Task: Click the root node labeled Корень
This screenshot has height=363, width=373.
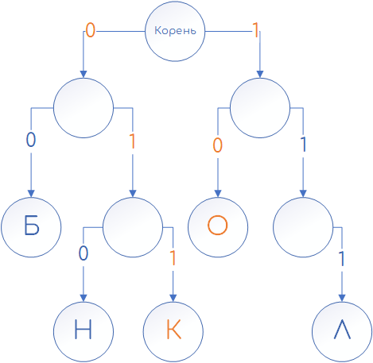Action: (175, 31)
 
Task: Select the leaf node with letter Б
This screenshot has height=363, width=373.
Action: (31, 227)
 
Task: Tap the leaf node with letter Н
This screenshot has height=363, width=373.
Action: (84, 331)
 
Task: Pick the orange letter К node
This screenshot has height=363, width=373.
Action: (173, 331)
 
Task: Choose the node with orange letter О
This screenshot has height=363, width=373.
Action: (218, 227)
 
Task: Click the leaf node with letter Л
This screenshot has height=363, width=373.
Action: (342, 331)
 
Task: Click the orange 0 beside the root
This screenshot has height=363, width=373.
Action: (91, 30)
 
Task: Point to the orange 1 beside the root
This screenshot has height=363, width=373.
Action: (255, 30)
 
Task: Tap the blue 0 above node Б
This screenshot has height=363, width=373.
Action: (31, 140)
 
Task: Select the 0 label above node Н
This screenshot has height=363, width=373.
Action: (84, 253)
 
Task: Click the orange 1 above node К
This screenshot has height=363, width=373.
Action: (173, 257)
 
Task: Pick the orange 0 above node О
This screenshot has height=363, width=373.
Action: (218, 145)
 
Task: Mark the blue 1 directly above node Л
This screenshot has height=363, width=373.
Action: (342, 259)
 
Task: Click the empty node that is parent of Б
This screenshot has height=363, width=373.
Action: (84, 108)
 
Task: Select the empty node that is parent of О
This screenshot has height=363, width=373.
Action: (260, 108)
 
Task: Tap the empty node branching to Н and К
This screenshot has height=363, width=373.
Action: (133, 227)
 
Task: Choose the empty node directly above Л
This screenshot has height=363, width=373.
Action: (303, 227)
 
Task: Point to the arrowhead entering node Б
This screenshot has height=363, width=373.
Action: (31, 194)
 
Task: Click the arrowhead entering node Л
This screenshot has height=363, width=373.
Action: (342, 298)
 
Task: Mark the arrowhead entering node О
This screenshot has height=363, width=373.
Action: (218, 194)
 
